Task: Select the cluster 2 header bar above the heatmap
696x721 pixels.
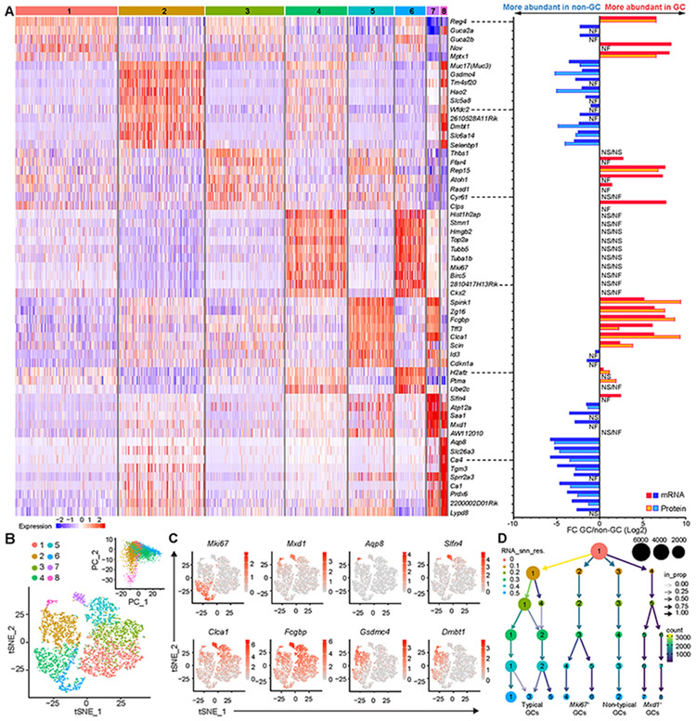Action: (x=161, y=8)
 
